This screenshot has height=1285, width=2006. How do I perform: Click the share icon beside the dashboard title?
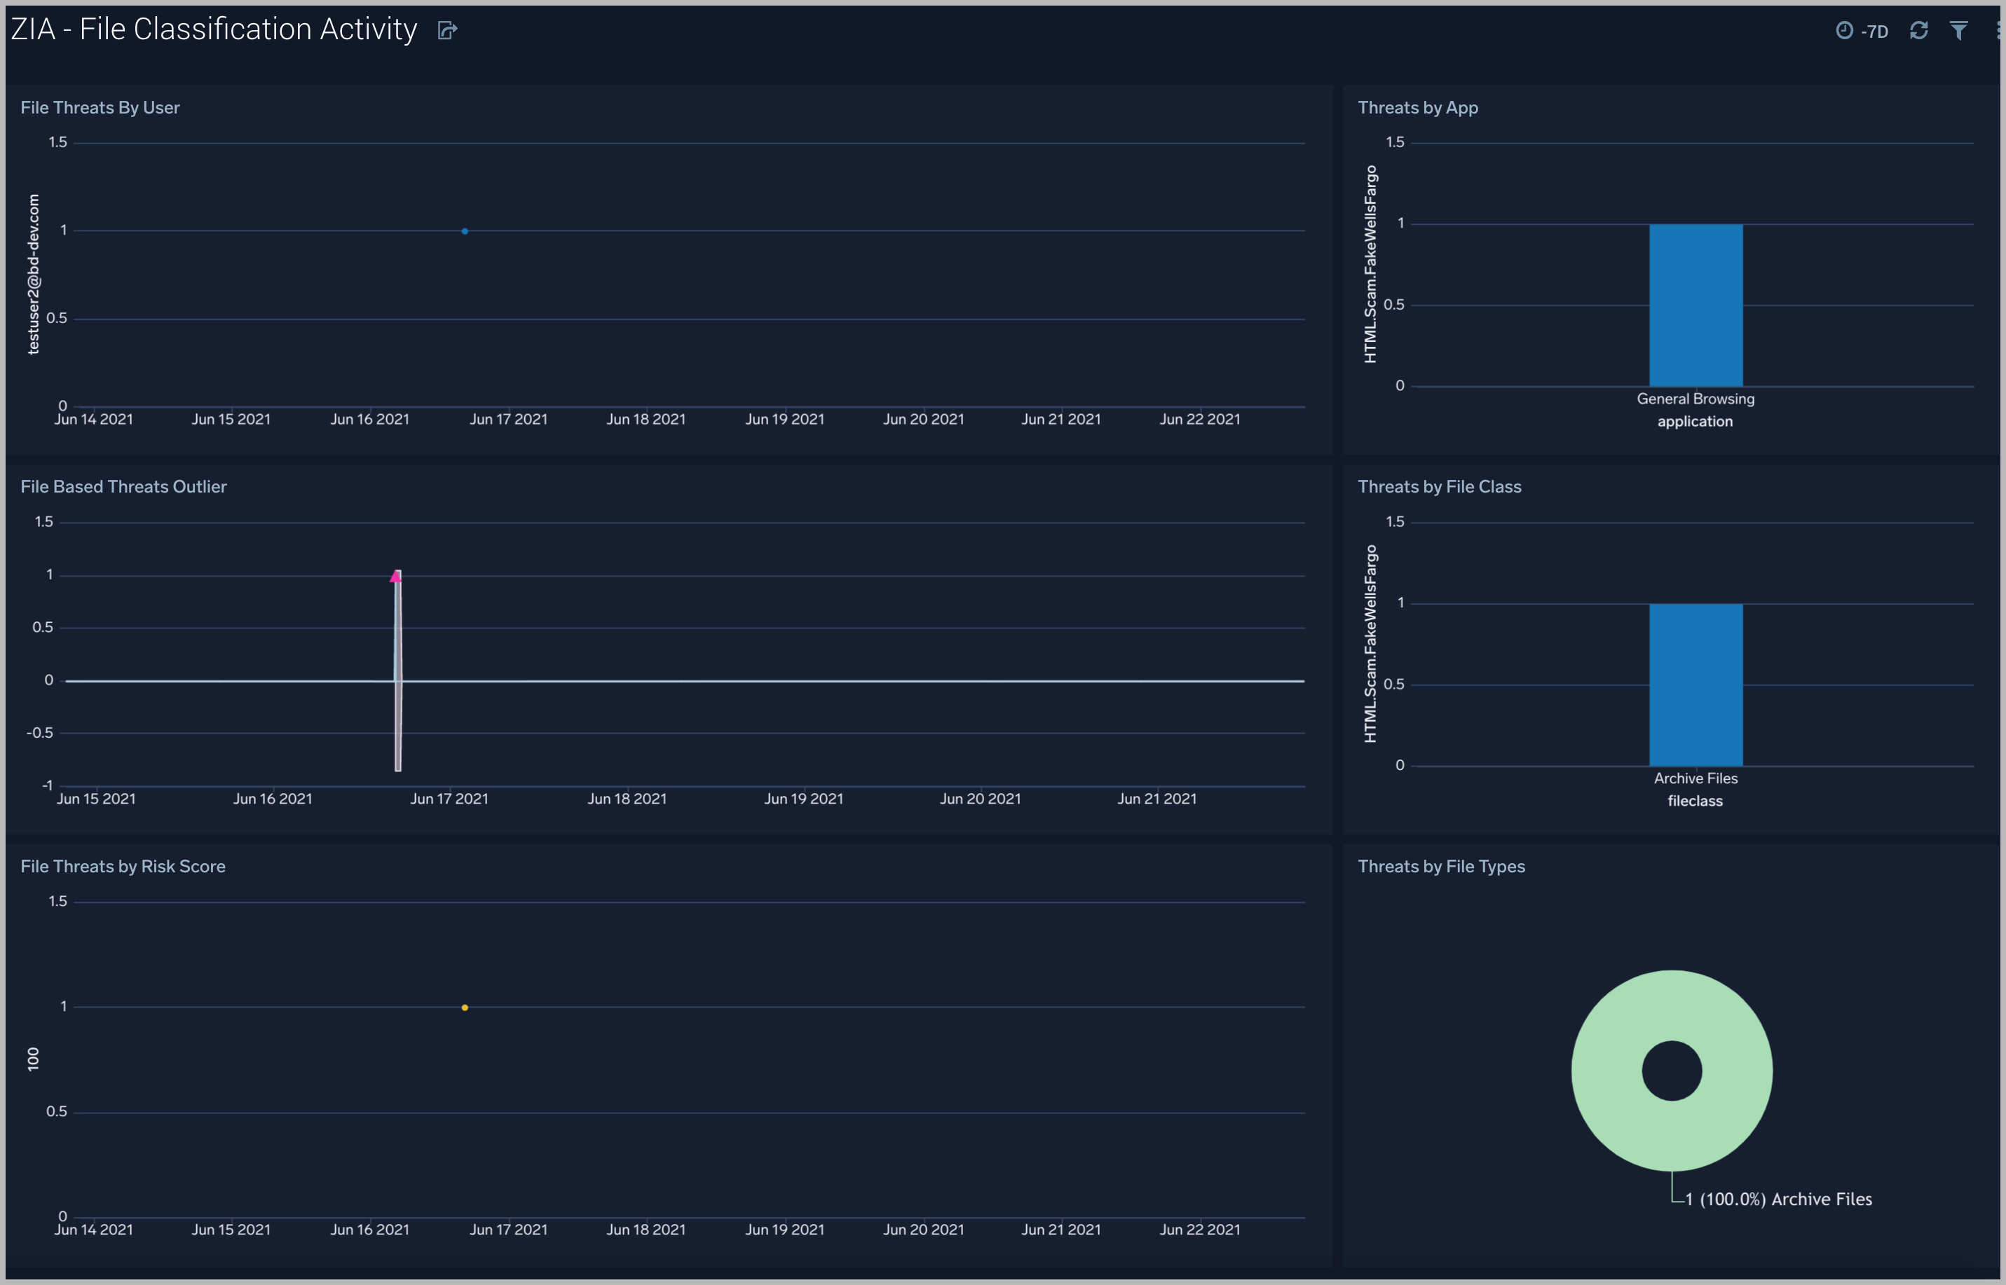(x=447, y=31)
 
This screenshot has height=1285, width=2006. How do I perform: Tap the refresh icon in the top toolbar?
(x=1918, y=31)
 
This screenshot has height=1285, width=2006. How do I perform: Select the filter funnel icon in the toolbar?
(x=1958, y=31)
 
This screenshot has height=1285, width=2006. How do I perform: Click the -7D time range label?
(x=1874, y=32)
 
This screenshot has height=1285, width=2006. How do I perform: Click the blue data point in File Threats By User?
(x=465, y=231)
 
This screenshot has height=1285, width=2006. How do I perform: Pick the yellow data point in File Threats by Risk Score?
(x=465, y=1008)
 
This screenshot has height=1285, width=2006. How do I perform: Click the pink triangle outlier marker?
(x=395, y=577)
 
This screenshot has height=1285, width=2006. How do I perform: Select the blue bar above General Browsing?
(x=1695, y=305)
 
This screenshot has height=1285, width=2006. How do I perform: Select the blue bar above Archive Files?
(x=1695, y=685)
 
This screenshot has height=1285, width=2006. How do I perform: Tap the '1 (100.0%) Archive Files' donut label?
(x=1778, y=1199)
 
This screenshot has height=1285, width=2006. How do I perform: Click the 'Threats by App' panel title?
(x=1417, y=108)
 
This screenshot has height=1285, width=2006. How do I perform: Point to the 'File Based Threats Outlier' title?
(x=123, y=486)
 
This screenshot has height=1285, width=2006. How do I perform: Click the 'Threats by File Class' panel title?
(x=1439, y=486)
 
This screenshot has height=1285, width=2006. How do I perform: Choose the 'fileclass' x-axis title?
(x=1695, y=801)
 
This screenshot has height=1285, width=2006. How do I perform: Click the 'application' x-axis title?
(x=1695, y=421)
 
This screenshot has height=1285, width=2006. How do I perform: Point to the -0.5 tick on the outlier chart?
(x=40, y=733)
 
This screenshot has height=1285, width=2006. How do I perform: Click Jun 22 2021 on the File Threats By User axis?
(x=1199, y=420)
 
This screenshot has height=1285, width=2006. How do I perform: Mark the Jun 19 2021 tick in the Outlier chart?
(x=803, y=799)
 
